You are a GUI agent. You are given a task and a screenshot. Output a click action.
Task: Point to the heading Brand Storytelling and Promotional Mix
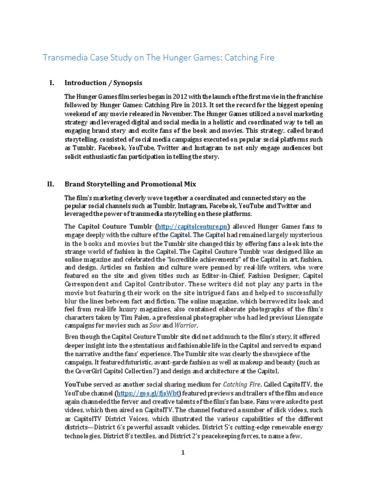[131, 183]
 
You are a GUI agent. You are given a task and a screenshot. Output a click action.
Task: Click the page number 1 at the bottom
[183, 453]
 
